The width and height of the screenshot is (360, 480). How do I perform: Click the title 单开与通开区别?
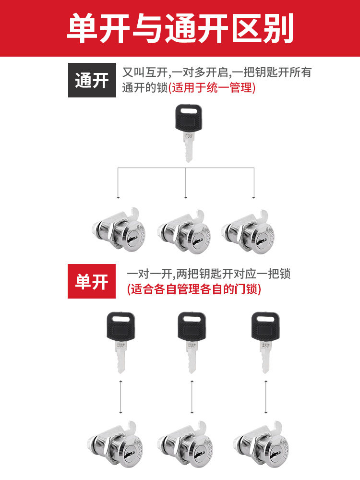pyautogui.click(x=180, y=28)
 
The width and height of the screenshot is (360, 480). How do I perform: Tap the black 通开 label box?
pyautogui.click(x=92, y=80)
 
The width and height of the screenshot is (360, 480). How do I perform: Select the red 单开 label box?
pyautogui.click(x=92, y=281)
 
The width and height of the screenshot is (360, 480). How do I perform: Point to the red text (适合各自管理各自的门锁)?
pyautogui.click(x=194, y=289)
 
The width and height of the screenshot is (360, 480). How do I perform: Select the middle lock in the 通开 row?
pyautogui.click(x=185, y=231)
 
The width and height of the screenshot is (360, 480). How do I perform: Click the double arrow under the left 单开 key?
pyautogui.click(x=120, y=396)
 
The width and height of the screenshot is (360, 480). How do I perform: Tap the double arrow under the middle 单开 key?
pyautogui.click(x=192, y=396)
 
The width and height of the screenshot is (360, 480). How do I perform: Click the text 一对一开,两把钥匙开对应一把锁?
pyautogui.click(x=209, y=275)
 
